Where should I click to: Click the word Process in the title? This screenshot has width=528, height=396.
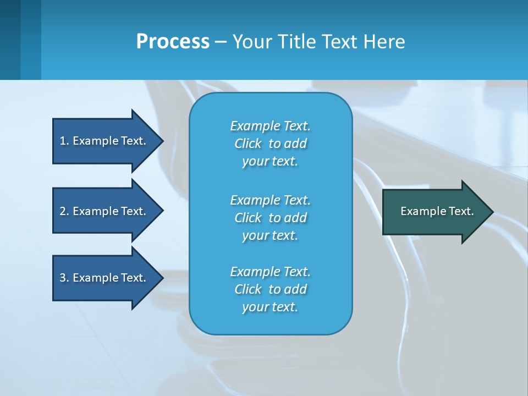tap(173, 42)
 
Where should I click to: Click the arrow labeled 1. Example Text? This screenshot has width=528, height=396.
tap(105, 141)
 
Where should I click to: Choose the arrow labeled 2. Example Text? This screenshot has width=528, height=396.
tap(105, 211)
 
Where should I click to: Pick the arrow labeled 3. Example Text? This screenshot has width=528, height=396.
tap(105, 278)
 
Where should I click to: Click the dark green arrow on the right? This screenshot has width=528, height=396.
tap(435, 211)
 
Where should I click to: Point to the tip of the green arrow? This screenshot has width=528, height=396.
tap(491, 212)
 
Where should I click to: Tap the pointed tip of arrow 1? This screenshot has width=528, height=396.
tap(162, 141)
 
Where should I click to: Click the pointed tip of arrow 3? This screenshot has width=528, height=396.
tap(162, 278)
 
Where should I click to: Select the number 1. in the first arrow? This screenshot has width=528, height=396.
tap(64, 141)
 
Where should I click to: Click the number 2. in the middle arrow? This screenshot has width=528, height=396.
tap(64, 211)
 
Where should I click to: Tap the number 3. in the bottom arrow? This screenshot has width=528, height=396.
tap(64, 278)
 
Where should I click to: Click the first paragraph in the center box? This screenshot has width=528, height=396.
tap(270, 144)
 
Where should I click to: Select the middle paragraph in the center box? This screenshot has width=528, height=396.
tap(270, 218)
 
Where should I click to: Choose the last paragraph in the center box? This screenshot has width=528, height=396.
tap(270, 289)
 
